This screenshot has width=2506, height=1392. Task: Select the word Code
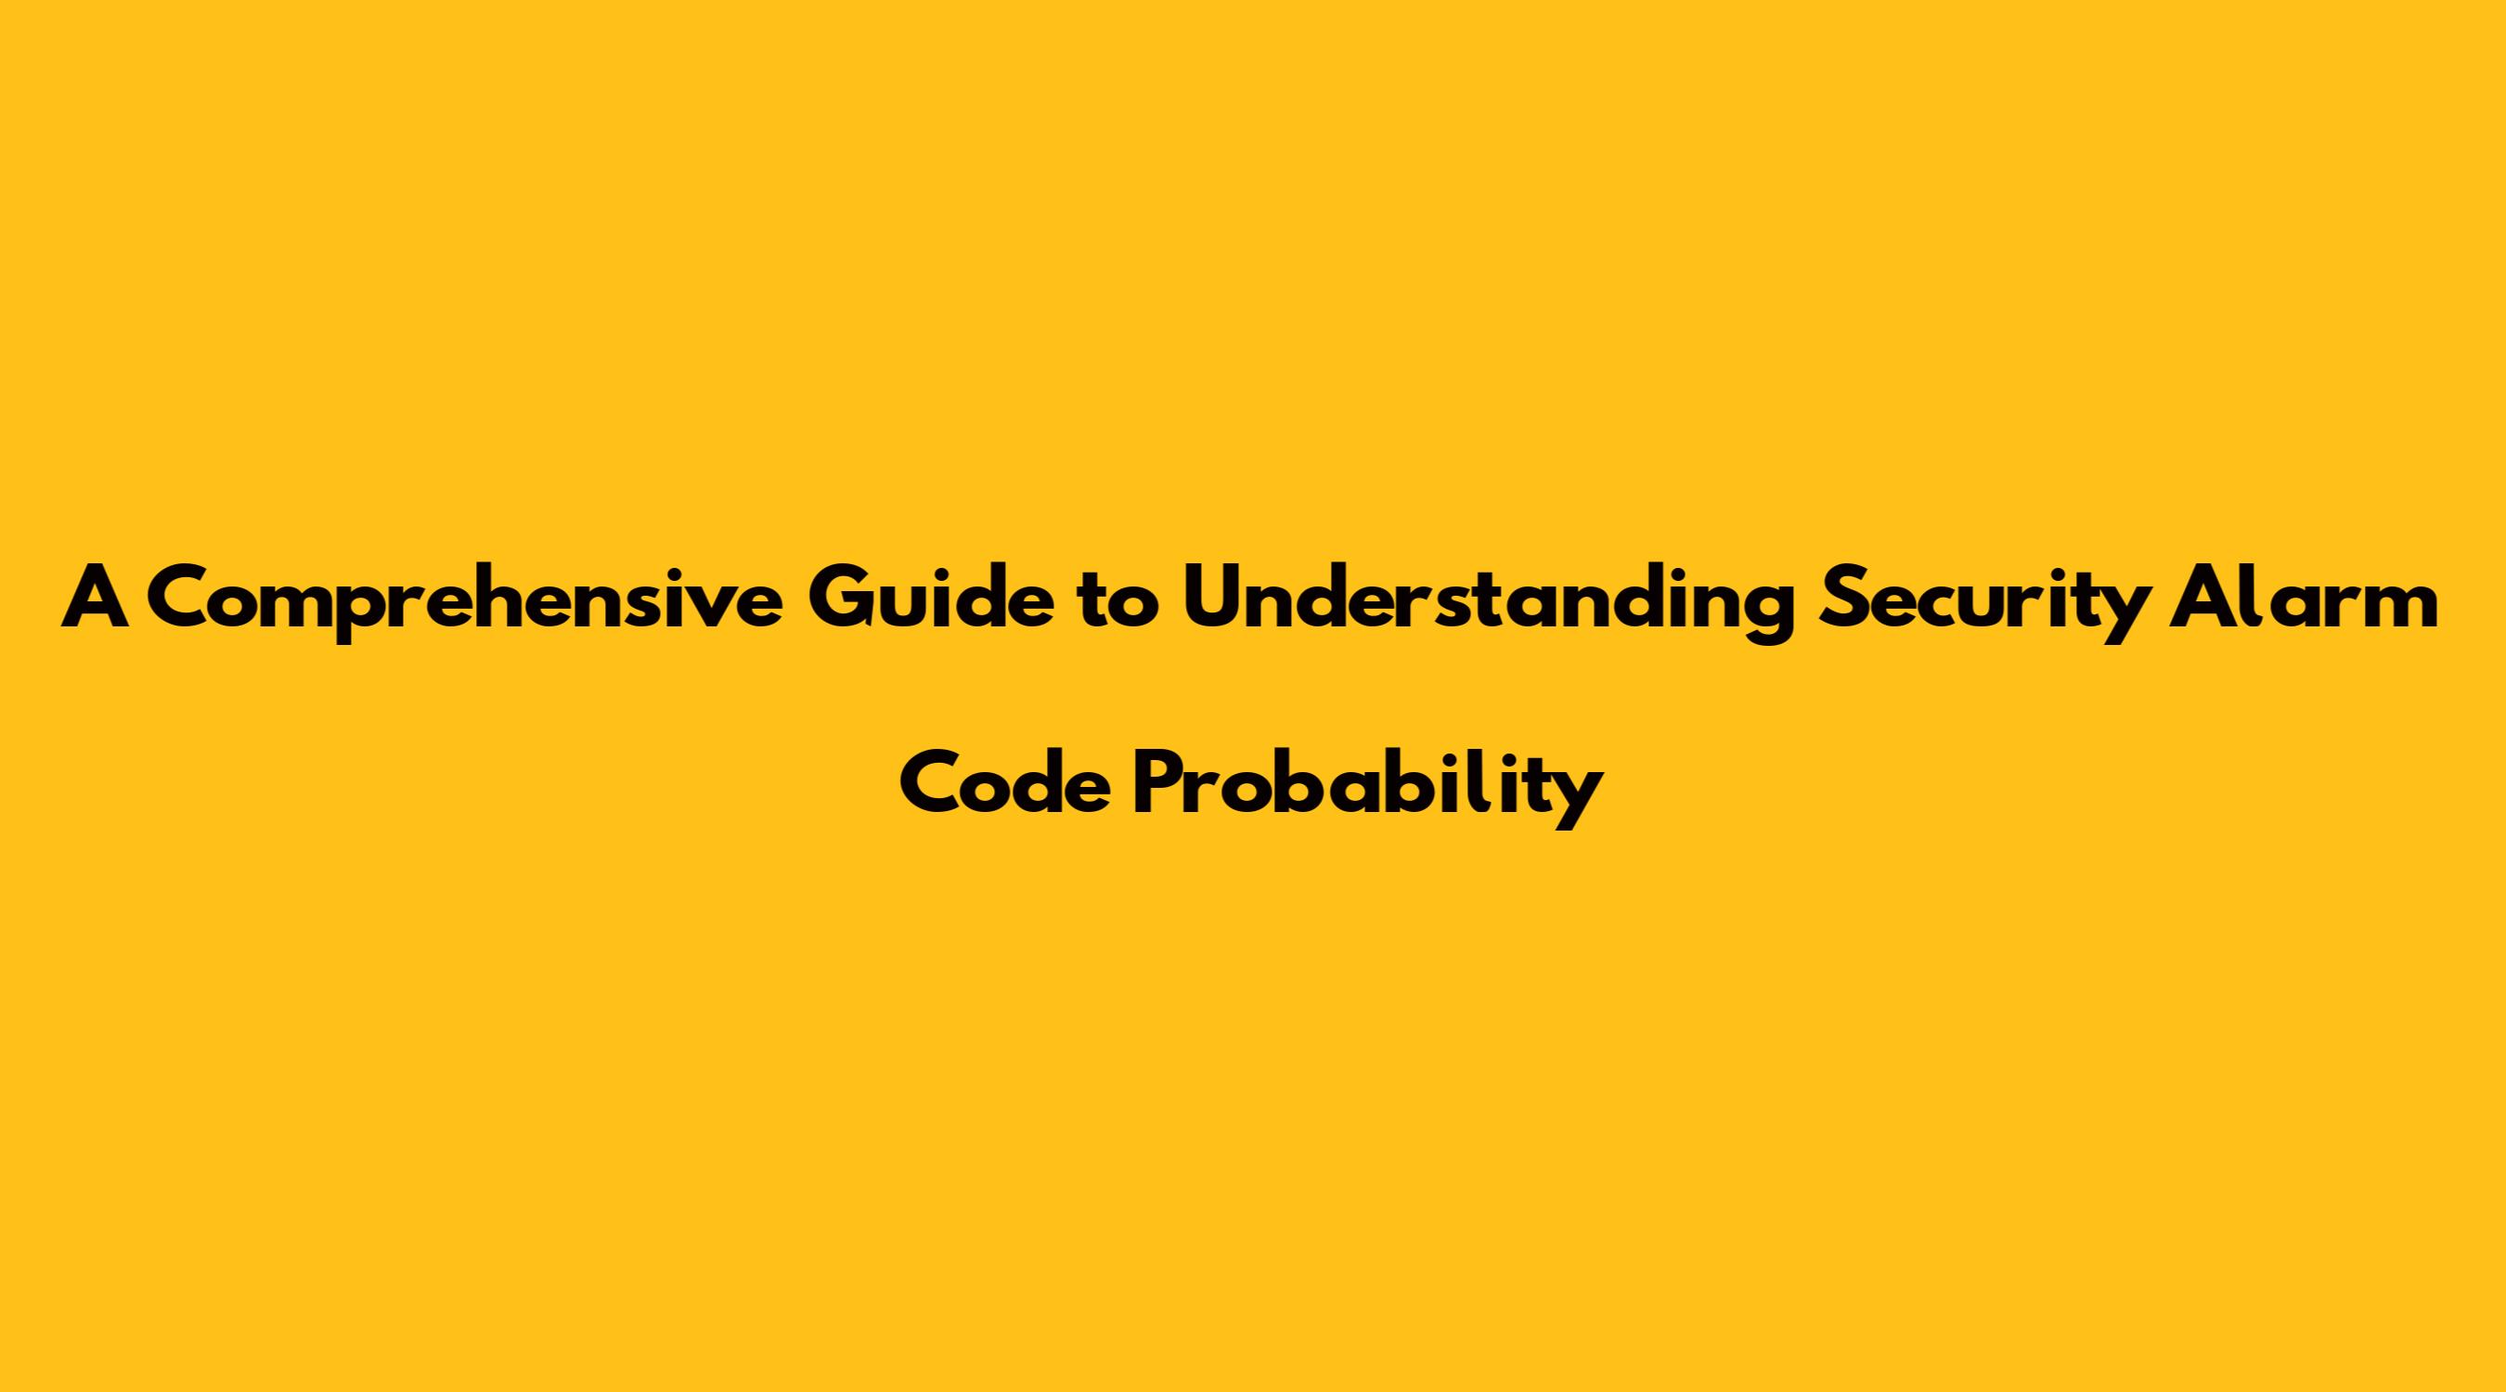pos(1004,784)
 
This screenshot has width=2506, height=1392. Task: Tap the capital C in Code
pos(933,785)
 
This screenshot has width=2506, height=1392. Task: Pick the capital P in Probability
pos(1156,785)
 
